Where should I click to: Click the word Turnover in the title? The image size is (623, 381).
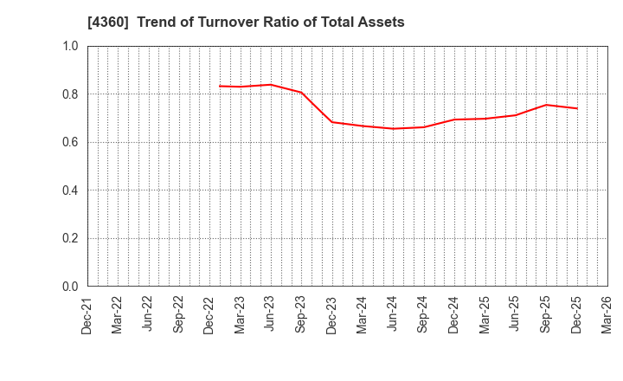(214, 23)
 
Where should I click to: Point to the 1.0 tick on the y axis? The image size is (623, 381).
(70, 46)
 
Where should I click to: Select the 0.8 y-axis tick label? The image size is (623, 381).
(70, 94)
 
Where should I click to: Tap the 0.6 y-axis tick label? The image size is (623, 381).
(70, 142)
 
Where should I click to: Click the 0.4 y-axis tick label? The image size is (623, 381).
(70, 190)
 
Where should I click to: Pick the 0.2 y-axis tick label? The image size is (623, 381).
(70, 238)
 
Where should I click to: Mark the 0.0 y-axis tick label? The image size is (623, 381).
(70, 287)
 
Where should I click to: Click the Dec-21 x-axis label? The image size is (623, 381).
(87, 314)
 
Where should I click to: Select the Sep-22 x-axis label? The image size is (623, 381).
(179, 314)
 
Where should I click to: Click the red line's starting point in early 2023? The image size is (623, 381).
(220, 86)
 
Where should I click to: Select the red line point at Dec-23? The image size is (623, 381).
(332, 122)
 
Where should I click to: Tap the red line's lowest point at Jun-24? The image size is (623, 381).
(393, 129)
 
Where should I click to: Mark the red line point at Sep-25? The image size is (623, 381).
(546, 105)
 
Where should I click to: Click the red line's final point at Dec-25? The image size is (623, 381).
(576, 108)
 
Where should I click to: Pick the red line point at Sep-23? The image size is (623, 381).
(301, 93)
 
